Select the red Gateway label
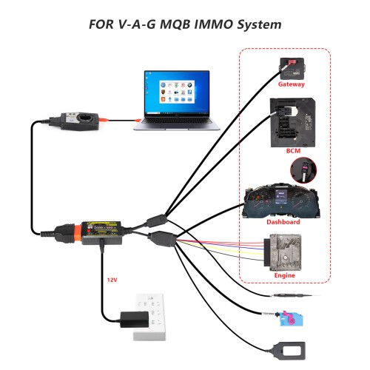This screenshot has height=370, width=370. (x=291, y=84)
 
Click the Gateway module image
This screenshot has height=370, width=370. (x=290, y=66)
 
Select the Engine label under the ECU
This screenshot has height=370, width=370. (x=285, y=275)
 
